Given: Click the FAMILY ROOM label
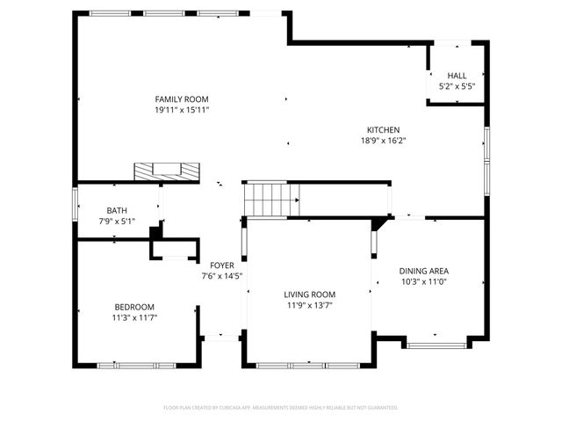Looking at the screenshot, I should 182,99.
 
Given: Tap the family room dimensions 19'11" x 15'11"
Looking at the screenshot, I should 182,110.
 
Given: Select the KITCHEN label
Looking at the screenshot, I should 383,129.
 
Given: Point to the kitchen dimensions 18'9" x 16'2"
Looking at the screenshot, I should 383,140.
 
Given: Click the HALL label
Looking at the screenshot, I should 457,76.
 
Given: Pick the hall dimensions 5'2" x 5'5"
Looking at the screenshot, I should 457,86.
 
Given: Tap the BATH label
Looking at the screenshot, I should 117,210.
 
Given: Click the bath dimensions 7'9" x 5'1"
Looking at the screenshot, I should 117,221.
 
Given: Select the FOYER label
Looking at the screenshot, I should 221,265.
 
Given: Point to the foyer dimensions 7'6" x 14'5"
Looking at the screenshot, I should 221,275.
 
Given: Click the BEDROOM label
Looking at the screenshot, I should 133,307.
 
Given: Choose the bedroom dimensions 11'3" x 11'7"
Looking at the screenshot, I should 133,317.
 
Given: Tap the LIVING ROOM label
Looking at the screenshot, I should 309,295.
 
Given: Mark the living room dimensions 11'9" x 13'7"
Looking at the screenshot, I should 309,305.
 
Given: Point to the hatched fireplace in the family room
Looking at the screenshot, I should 166,171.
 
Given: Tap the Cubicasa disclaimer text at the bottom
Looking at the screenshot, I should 281,408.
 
